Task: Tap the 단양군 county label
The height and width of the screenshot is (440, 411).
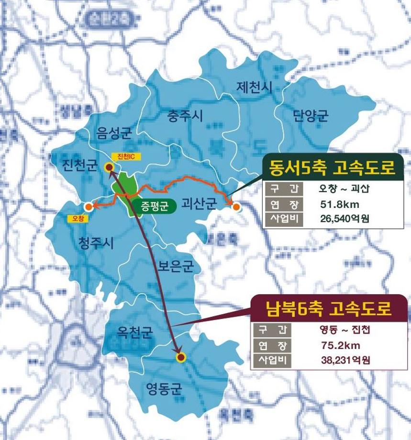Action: [x=311, y=115]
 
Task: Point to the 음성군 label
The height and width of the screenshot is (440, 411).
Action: [x=113, y=133]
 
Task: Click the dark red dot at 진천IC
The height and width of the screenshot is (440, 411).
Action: [x=109, y=167]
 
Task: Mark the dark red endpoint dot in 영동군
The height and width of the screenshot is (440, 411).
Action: [x=180, y=357]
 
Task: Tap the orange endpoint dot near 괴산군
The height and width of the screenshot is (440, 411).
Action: [x=236, y=207]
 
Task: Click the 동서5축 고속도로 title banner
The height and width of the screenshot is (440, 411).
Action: [x=332, y=168]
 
